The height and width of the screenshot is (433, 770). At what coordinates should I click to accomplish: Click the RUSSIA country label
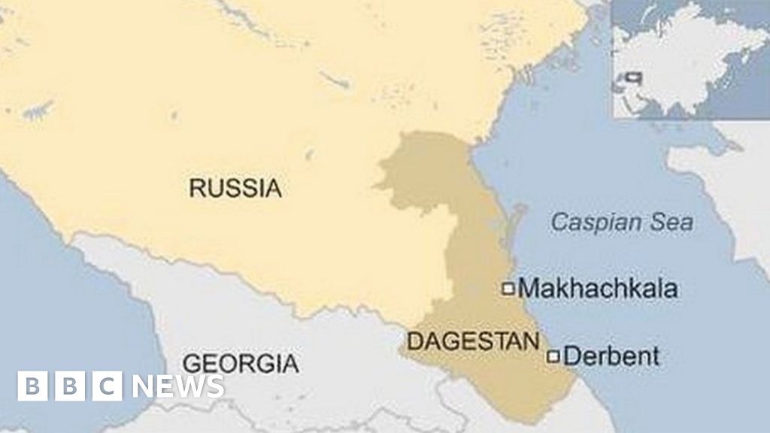[235, 187]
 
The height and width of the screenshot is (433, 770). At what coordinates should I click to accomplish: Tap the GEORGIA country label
[240, 363]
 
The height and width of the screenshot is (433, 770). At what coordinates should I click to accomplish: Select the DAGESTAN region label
[473, 341]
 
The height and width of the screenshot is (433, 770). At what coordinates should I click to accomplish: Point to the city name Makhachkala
[598, 288]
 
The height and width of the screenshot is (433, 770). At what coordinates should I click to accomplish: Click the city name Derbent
[611, 356]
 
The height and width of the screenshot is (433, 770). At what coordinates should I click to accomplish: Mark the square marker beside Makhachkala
[508, 287]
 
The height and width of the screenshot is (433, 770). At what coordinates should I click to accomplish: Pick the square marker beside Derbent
[553, 356]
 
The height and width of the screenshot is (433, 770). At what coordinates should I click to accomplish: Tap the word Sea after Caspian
[675, 223]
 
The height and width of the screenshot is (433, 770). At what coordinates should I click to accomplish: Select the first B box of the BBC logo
[32, 386]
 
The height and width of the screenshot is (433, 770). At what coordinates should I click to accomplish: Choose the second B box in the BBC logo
[70, 386]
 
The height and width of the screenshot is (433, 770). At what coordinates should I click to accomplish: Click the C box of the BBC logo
[108, 386]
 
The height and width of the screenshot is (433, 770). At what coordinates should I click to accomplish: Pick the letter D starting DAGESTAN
[413, 342]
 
